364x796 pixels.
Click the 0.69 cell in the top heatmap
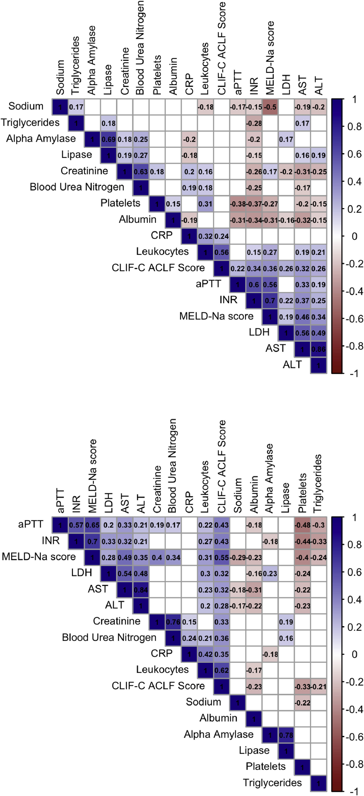pyautogui.click(x=108, y=139)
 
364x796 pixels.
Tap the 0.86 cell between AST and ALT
pyautogui.click(x=319, y=349)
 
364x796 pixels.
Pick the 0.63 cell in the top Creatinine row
pyautogui.click(x=141, y=172)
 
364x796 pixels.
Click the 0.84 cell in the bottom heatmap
pyautogui.click(x=141, y=590)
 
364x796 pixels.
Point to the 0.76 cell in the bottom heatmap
pyautogui.click(x=173, y=622)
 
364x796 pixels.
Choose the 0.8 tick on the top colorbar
pyautogui.click(x=354, y=126)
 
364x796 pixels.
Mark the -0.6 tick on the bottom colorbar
pyautogui.click(x=354, y=737)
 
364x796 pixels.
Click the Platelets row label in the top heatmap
pyautogui.click(x=120, y=203)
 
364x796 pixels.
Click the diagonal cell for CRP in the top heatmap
pyautogui.click(x=189, y=236)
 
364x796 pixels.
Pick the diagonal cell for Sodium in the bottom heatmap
pyautogui.click(x=238, y=703)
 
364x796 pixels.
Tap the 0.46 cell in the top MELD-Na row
pyautogui.click(x=302, y=317)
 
